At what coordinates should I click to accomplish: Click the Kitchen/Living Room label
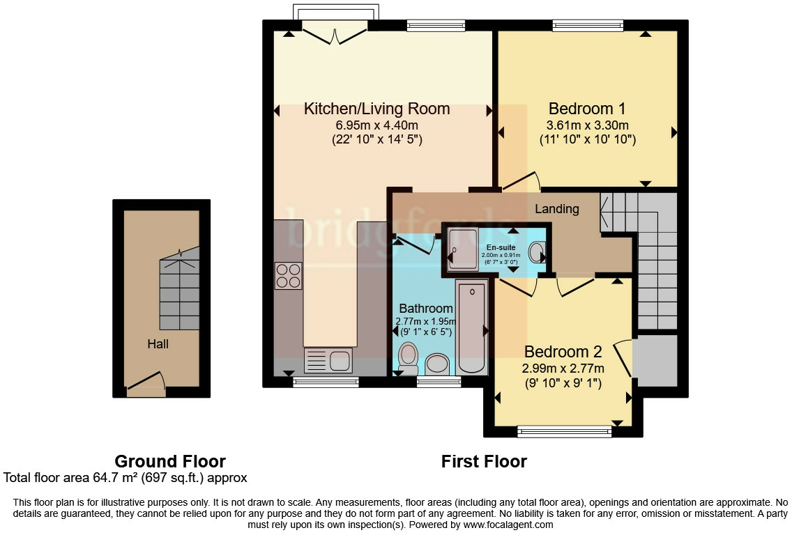point(376,109)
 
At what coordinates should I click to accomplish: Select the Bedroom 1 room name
point(586,109)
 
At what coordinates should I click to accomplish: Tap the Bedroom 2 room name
point(563,351)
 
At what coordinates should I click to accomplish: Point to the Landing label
point(556,209)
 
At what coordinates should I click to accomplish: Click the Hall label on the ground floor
point(158,343)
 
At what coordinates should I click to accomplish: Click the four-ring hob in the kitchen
point(288,275)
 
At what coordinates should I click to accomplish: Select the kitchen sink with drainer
point(328,361)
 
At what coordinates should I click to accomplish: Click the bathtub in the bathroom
point(472,326)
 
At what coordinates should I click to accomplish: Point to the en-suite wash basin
point(538,251)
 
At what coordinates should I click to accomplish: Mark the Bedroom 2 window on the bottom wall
point(564,432)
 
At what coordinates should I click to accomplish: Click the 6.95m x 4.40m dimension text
point(376,125)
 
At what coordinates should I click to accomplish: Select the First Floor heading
point(484,461)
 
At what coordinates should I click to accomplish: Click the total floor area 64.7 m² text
point(125,478)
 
